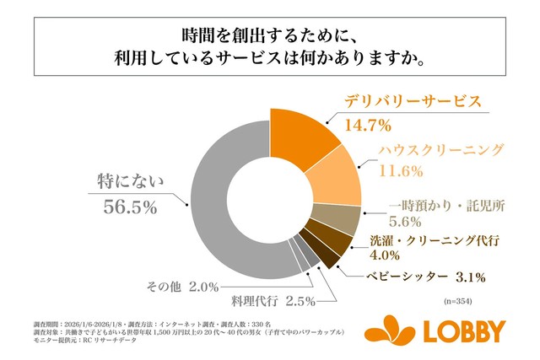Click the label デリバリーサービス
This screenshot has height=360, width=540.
[x=413, y=101]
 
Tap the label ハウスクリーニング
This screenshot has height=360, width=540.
[x=430, y=150]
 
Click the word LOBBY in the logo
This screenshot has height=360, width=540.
[x=467, y=330]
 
